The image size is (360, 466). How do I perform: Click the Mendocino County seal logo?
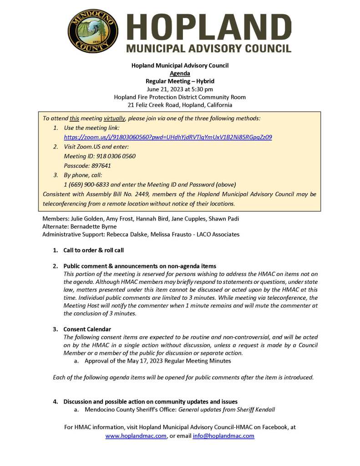pyautogui.click(x=93, y=31)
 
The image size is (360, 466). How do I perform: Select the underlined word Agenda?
pyautogui.click(x=180, y=73)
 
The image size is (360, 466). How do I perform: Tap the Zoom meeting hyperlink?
pyautogui.click(x=168, y=137)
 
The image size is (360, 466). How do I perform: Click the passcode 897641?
pyautogui.click(x=100, y=166)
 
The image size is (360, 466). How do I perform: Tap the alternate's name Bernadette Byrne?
pyautogui.click(x=95, y=226)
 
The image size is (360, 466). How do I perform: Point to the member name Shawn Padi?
pyautogui.click(x=224, y=219)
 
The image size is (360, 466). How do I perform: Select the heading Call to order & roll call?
pyautogui.click(x=93, y=250)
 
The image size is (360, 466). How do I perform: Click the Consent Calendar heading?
pyautogui.click(x=87, y=329)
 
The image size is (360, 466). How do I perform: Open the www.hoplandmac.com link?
pyautogui.click(x=136, y=436)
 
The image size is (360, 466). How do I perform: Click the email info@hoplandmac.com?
pyautogui.click(x=223, y=436)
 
